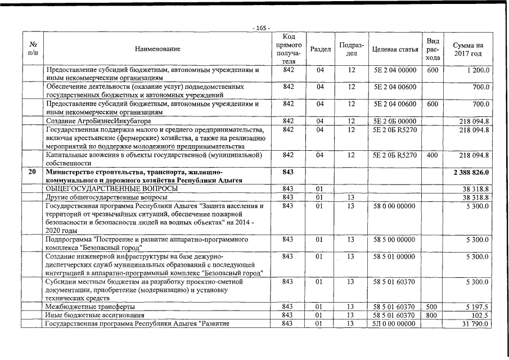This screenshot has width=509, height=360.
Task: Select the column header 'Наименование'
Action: pos(157,49)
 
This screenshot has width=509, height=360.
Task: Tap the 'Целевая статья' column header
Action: pos(395,49)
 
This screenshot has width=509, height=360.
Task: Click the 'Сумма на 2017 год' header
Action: pos(467,49)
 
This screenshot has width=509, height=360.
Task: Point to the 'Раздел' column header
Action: pos(320,49)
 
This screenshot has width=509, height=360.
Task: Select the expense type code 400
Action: pos(432,155)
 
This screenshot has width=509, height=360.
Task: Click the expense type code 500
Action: pos(432,307)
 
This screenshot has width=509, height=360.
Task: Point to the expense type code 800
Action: pos(432,315)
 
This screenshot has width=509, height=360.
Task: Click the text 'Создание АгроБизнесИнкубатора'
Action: pos(98,121)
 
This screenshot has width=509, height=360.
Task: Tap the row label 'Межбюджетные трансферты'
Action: pos(89,307)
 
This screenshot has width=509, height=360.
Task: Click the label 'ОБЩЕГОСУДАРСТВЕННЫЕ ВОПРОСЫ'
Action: pos(112,188)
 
